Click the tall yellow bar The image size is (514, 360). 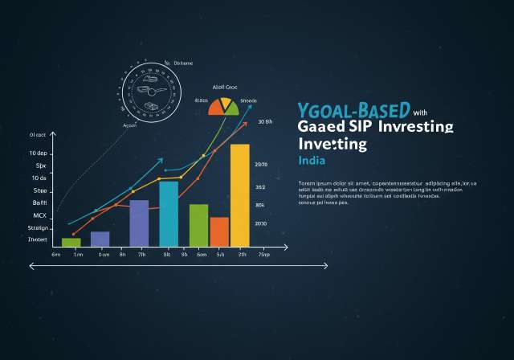coord(239,194)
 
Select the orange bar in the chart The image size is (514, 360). coord(219,231)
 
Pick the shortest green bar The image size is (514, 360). coord(71,241)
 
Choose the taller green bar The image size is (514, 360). coord(198,225)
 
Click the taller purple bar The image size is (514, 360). coord(139,223)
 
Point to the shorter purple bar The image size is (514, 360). coord(100,238)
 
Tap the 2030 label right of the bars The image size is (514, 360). coord(261,224)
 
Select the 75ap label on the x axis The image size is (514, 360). coord(263,254)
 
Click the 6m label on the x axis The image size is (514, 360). coord(56,254)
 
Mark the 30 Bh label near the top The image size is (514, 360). coord(266,122)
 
